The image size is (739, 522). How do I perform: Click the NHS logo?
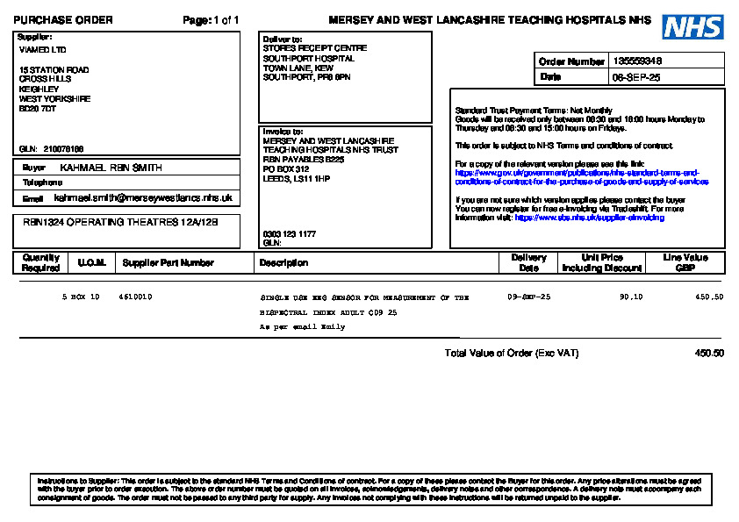point(692,27)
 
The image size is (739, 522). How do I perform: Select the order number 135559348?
point(636,61)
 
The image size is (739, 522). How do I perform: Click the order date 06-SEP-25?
point(636,77)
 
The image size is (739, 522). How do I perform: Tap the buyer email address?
point(142,198)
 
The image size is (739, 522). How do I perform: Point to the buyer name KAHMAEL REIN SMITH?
point(111,168)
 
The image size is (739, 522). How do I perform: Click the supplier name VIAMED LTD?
point(42,50)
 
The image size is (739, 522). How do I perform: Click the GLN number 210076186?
point(63,149)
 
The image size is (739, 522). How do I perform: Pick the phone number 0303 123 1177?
point(289,234)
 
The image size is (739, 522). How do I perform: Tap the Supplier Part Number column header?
point(168,262)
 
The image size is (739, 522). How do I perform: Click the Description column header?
point(283,262)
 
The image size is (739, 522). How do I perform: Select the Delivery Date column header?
point(528,262)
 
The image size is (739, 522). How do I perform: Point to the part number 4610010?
point(135,297)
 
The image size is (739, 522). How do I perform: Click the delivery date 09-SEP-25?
point(529,297)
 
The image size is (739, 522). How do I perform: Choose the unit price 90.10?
point(631,297)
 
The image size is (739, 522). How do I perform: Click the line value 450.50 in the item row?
point(709,297)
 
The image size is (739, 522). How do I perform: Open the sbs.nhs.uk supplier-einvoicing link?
point(589,218)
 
